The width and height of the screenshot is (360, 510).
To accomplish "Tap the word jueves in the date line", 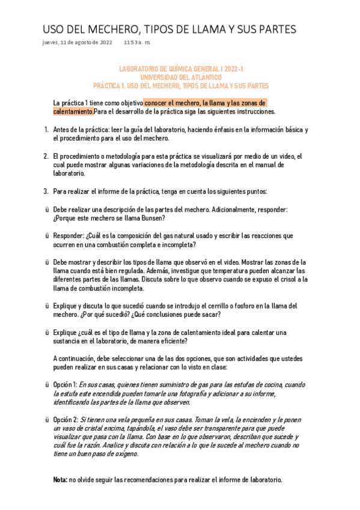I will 50,42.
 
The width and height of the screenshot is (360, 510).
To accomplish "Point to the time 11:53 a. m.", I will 138,42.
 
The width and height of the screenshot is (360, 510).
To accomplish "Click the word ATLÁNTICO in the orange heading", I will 203,78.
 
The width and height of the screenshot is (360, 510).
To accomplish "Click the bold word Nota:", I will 60,481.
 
